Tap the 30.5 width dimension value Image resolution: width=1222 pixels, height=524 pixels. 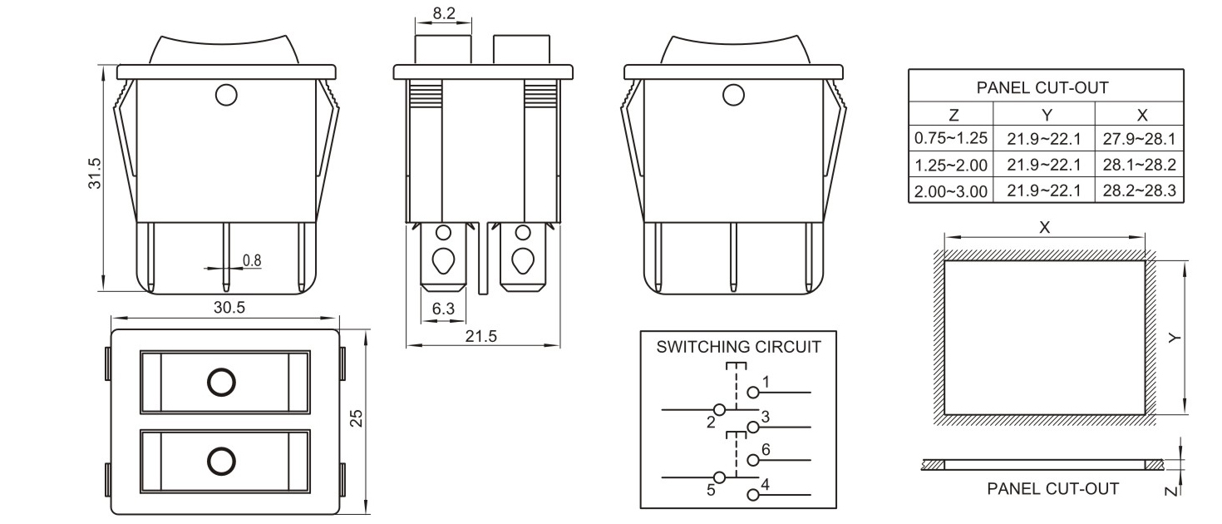[x=229, y=307]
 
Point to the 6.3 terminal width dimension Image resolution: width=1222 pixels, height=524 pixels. [x=444, y=309]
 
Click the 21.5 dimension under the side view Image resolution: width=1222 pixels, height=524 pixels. [x=480, y=336]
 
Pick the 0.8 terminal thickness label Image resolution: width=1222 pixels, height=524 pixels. [x=252, y=260]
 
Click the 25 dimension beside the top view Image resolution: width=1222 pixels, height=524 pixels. [x=357, y=418]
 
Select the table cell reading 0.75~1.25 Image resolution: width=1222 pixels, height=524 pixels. [x=950, y=138]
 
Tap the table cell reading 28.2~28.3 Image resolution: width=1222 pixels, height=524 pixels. [x=1139, y=190]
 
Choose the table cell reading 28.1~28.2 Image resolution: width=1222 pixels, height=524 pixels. [x=1139, y=164]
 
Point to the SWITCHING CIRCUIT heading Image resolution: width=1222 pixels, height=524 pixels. [x=738, y=346]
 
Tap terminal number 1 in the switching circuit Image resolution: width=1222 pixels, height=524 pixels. [x=766, y=382]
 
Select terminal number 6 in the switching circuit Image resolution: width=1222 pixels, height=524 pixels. [x=766, y=450]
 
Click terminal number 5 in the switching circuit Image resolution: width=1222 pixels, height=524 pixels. [x=711, y=490]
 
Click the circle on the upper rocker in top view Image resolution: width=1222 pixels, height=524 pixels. [x=221, y=382]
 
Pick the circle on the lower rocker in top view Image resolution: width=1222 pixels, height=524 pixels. [x=221, y=460]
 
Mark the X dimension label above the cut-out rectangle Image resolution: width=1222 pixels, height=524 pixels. [x=1045, y=226]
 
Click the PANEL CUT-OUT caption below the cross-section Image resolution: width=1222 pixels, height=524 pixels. [x=1052, y=488]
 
